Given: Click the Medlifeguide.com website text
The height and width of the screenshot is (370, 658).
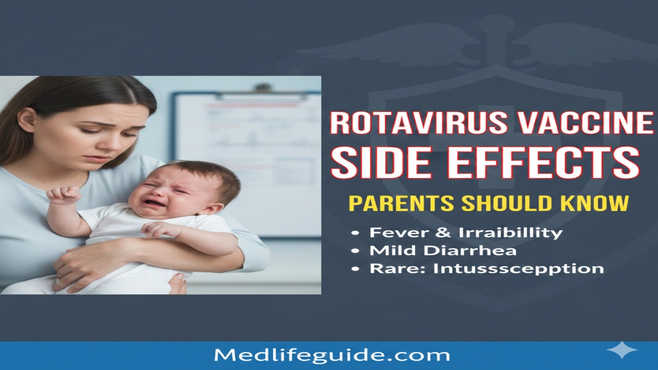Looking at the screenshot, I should tap(332, 355).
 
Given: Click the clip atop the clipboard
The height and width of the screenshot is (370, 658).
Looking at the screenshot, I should tap(264, 88).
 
